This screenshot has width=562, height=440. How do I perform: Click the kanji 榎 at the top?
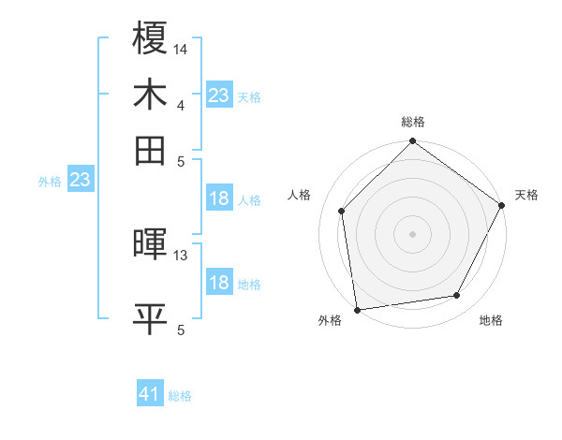[150, 38]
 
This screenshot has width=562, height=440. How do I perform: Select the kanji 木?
[150, 95]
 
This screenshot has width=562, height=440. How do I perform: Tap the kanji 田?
[150, 150]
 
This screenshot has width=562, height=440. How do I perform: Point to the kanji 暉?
[150, 245]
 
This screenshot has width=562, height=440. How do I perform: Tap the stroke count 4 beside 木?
[180, 105]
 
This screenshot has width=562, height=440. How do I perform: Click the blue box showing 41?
[150, 395]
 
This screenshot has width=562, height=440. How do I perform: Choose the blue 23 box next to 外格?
[80, 180]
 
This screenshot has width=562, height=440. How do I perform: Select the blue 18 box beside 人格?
[219, 198]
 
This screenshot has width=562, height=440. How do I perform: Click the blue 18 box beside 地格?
[219, 283]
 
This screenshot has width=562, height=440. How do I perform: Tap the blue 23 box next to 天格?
[219, 95]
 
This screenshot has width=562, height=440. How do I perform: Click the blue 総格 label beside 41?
[180, 396]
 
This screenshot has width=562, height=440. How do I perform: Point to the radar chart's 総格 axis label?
[413, 123]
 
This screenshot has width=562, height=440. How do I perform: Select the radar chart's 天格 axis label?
[526, 195]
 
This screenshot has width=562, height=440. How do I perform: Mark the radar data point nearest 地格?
[457, 296]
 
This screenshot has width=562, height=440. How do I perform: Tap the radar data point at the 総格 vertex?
[413, 142]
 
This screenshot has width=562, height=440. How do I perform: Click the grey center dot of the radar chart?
[413, 233]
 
